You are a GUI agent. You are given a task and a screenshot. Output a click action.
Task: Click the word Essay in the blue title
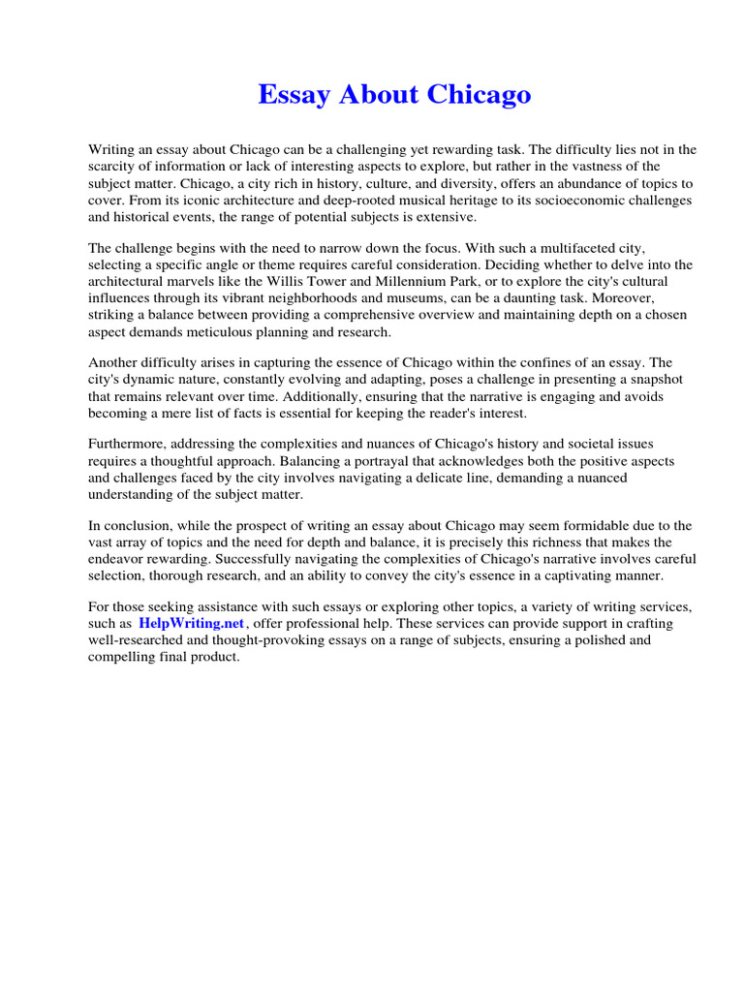tap(291, 95)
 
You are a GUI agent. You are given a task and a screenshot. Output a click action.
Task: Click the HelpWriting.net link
tap(192, 624)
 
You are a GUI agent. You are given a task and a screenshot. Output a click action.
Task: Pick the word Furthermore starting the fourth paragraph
tap(130, 444)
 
